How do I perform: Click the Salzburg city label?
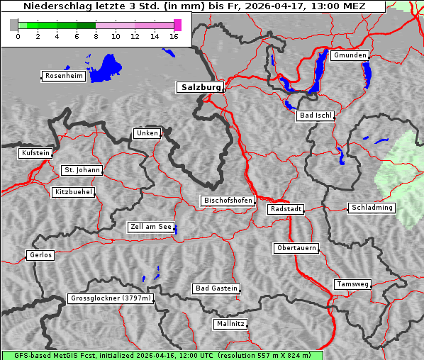(x=199, y=87)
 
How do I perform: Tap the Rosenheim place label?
(x=63, y=76)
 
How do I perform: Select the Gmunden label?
(x=350, y=55)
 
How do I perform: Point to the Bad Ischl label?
(x=315, y=116)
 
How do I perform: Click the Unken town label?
(x=147, y=133)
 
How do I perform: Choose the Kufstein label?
(x=35, y=153)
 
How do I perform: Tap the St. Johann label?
(x=82, y=170)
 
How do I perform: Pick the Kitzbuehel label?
(x=73, y=192)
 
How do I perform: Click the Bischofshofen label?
(x=228, y=201)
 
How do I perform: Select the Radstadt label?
(x=286, y=209)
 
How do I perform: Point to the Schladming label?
(x=372, y=208)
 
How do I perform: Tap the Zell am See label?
(x=151, y=227)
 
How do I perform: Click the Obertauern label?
(x=296, y=248)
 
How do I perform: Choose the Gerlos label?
(x=40, y=255)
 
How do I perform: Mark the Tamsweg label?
(x=352, y=284)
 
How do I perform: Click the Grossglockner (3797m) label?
(x=111, y=298)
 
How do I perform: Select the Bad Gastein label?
(x=216, y=288)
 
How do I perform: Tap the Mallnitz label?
(x=230, y=324)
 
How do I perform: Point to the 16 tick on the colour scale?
(x=174, y=36)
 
